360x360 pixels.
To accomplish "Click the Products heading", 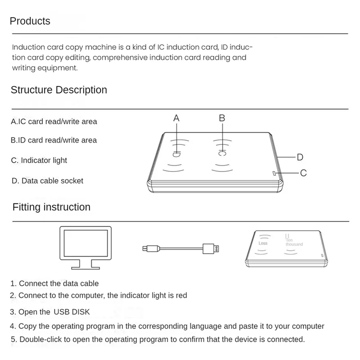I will click(30, 21).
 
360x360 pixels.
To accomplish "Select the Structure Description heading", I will click(59, 90).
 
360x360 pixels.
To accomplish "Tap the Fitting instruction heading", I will click(51, 207).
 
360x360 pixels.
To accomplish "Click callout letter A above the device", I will click(176, 118).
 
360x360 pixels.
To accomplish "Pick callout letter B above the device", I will click(222, 118).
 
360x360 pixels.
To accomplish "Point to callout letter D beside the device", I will click(300, 157).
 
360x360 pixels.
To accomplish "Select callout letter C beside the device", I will click(303, 173).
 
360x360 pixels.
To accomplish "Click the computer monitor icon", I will click(86, 247).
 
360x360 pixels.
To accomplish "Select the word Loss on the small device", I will click(263, 243).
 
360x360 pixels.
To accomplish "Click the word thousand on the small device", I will click(294, 244).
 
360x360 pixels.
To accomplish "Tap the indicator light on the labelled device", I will click(274, 173).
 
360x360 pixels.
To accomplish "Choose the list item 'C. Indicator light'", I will click(39, 160).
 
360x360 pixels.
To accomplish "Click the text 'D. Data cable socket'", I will click(47, 180).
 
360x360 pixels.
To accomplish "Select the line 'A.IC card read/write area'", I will click(54, 121).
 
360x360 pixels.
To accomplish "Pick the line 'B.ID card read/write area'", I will click(54, 140).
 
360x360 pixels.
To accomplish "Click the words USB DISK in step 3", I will click(72, 312).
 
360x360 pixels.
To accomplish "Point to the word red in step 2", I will click(181, 296).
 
